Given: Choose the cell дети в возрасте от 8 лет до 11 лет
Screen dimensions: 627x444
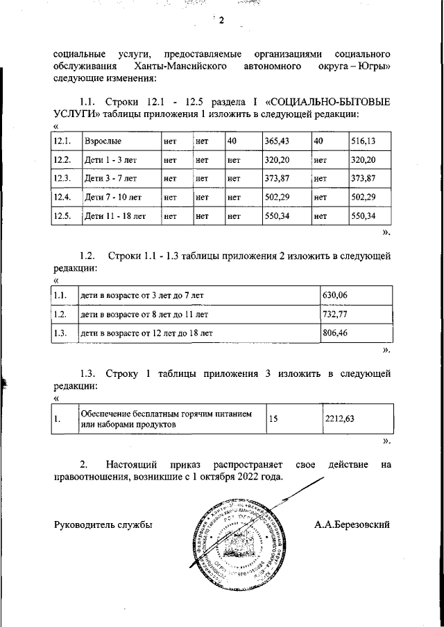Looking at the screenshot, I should pyautogui.click(x=146, y=314).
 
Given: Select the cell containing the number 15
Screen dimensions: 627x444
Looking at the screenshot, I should pyautogui.click(x=273, y=418).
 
